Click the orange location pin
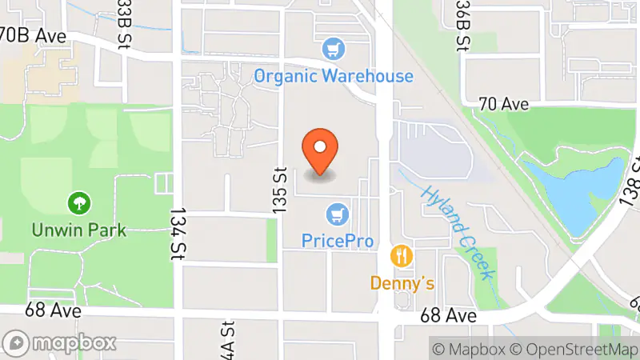[x=320, y=150]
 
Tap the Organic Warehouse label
[x=334, y=77]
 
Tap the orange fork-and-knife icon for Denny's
[x=402, y=257]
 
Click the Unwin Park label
[x=78, y=230]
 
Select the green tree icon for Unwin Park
[x=78, y=204]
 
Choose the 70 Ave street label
[x=504, y=104]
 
